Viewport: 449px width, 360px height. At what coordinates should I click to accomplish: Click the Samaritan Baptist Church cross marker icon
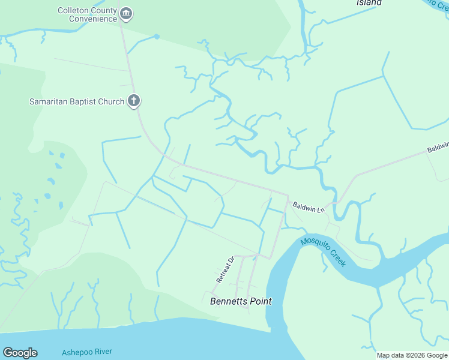134,101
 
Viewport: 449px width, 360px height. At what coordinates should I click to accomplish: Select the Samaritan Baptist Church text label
77,101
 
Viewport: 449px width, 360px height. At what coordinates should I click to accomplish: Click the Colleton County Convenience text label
87,14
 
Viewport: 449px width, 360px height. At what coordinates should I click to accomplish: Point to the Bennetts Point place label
241,301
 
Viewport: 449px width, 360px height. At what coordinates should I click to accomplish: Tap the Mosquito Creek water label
324,252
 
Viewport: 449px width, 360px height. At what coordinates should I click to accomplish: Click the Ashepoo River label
87,352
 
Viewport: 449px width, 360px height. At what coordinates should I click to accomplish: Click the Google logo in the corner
20,353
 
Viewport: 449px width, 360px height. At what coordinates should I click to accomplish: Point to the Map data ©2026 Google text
412,355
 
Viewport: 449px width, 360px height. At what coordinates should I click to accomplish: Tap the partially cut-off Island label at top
369,3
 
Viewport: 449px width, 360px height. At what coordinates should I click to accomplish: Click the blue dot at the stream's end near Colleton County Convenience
157,37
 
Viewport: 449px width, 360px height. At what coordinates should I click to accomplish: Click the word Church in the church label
110,101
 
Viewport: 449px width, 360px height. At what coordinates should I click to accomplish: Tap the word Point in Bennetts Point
260,301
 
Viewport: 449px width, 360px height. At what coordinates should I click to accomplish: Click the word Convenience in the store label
92,19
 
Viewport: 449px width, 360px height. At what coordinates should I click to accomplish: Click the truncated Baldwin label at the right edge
438,146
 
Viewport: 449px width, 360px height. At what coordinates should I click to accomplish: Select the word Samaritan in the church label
47,101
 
